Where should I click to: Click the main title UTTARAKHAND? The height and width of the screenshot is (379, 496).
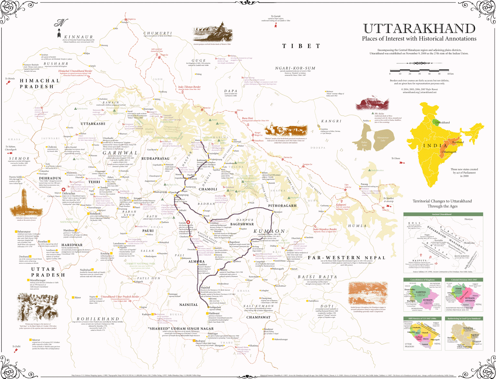419,29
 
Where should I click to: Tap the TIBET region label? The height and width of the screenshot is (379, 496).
301,46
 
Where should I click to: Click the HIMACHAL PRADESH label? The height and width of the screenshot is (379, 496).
39,83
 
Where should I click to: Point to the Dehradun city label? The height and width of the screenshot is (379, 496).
69,193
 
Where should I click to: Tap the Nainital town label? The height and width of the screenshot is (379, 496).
205,287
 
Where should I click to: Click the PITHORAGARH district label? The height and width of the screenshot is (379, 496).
282,205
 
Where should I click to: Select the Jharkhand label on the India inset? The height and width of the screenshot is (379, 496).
458,142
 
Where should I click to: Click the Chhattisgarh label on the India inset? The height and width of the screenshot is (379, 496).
449,152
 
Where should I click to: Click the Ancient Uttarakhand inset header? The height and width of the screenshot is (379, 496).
441,214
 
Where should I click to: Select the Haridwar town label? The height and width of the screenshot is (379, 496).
69,230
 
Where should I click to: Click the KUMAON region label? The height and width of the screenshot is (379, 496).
269,231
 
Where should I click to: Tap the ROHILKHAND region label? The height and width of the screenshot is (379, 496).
98,319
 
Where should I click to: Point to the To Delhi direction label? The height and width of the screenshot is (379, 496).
16,346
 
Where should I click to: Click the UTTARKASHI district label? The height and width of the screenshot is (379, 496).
93,124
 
